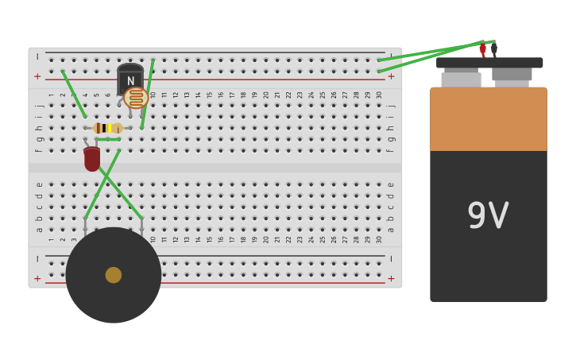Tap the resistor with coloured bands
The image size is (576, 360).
(x=107, y=128)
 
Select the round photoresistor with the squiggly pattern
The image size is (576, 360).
(x=136, y=98)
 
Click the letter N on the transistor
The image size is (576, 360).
(x=130, y=81)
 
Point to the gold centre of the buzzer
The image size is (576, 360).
(x=114, y=275)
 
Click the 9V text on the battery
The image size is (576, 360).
(x=488, y=215)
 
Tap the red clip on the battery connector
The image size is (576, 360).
(x=482, y=50)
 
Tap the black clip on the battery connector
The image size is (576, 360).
(x=494, y=49)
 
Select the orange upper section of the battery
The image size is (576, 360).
(x=489, y=119)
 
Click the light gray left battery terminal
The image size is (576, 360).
(x=461, y=79)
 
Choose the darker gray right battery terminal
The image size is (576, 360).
(x=512, y=75)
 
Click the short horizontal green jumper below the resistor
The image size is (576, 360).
(x=108, y=140)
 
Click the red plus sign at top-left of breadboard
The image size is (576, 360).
(x=37, y=77)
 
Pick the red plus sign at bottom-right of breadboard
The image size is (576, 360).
(x=390, y=278)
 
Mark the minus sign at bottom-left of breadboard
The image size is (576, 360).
(x=37, y=259)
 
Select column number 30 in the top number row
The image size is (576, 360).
(x=378, y=95)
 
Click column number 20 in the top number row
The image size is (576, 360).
(x=266, y=95)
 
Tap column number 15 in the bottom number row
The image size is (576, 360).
(x=210, y=238)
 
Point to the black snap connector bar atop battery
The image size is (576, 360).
(x=489, y=62)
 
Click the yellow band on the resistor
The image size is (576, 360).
(x=110, y=128)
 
